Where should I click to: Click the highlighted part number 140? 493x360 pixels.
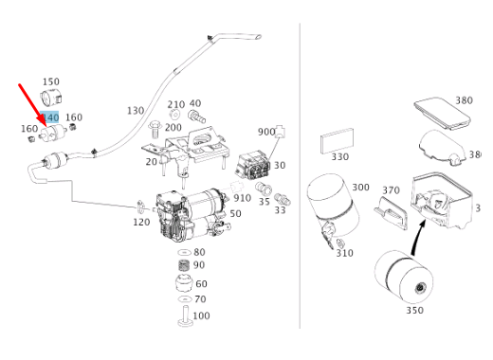(49, 117)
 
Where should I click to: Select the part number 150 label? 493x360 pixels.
(51, 81)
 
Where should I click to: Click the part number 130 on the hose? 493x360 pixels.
(136, 111)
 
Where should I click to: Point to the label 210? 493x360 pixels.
(176, 104)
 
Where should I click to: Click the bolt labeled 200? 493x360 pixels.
(155, 129)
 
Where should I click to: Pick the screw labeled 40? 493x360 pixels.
(196, 117)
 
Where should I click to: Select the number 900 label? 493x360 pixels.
(266, 132)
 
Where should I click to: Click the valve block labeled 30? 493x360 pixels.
(253, 166)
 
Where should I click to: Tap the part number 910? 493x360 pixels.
(243, 198)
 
